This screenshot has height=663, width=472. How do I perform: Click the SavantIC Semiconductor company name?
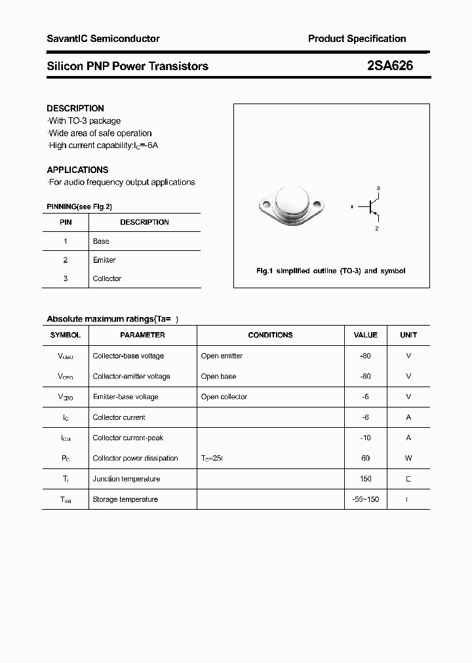[x=103, y=39]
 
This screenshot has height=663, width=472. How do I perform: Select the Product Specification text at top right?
[x=357, y=39]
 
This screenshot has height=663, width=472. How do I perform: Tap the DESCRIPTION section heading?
[x=75, y=108]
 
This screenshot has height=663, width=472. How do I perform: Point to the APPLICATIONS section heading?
[x=77, y=170]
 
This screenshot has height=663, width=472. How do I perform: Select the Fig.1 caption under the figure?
[x=330, y=271]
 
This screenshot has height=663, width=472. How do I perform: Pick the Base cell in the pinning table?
[x=101, y=241]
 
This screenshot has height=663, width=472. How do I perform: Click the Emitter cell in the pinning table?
[x=104, y=260]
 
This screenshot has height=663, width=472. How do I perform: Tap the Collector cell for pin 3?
[x=107, y=278]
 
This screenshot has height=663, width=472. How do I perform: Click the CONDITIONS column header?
[x=270, y=335]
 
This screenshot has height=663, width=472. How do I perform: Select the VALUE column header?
[x=365, y=335]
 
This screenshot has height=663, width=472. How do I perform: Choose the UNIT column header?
[x=408, y=335]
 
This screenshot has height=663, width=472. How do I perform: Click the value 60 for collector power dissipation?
[x=365, y=458]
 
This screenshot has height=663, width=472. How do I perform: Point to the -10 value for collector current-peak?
[x=365, y=438]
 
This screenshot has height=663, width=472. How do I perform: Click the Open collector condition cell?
[x=224, y=397]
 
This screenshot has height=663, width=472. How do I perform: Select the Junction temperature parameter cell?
[x=126, y=479]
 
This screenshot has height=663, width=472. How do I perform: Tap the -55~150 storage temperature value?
[x=365, y=499]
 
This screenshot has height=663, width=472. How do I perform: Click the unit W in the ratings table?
[x=408, y=458]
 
